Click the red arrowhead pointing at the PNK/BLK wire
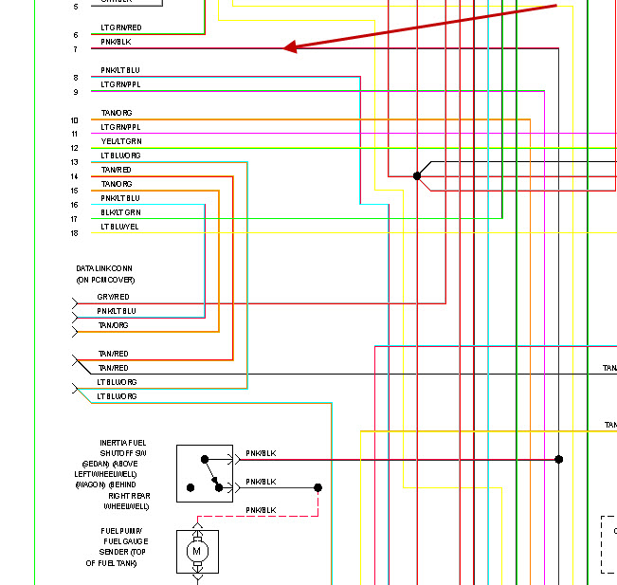pyautogui.click(x=290, y=46)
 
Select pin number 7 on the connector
pyautogui.click(x=75, y=49)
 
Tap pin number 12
pyautogui.click(x=74, y=148)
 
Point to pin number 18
pyautogui.click(x=74, y=233)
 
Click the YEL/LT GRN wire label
pyautogui.click(x=121, y=141)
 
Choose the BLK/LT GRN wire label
pyautogui.click(x=120, y=212)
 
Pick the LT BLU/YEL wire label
pyautogui.click(x=119, y=227)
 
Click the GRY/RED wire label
pyautogui.click(x=113, y=297)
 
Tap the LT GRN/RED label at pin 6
pyautogui.click(x=121, y=28)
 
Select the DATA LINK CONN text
pyautogui.click(x=104, y=269)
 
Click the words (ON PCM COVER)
pyautogui.click(x=105, y=281)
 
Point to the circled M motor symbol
pyautogui.click(x=197, y=551)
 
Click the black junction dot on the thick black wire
pyautogui.click(x=417, y=176)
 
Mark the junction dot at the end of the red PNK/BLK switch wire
pyautogui.click(x=559, y=459)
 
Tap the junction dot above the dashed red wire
pyautogui.click(x=318, y=487)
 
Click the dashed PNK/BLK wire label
pyautogui.click(x=261, y=510)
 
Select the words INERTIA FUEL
pyautogui.click(x=123, y=443)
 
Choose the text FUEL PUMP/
pyautogui.click(x=122, y=531)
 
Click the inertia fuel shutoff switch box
pyautogui.click(x=204, y=473)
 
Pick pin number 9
pyautogui.click(x=75, y=92)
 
